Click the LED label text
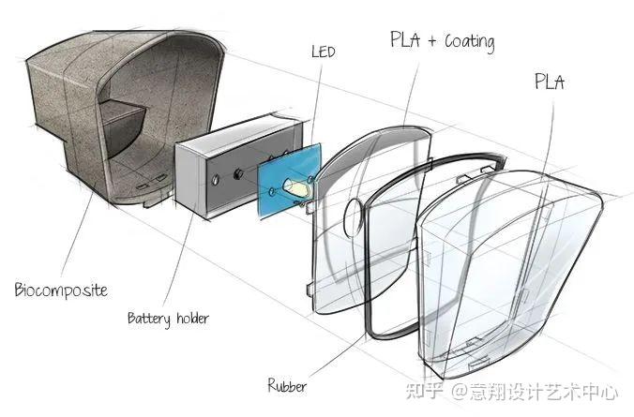[324, 51]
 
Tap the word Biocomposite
[60, 290]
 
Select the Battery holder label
[168, 319]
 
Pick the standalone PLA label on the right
[550, 82]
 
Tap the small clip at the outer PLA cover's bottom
[477, 359]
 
